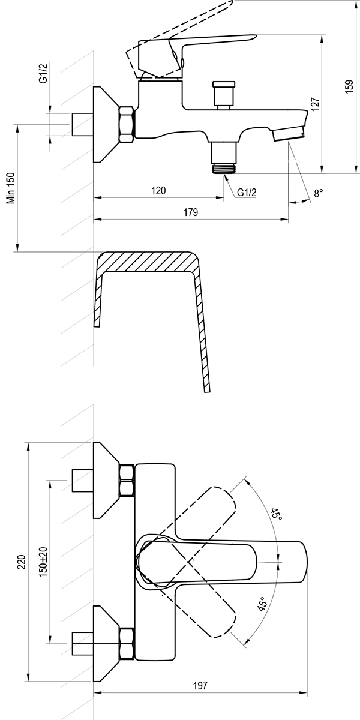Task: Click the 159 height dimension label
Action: pos(349,86)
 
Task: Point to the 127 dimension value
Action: pos(316,104)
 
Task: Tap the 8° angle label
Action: pos(318,193)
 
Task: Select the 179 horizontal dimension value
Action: pos(191,212)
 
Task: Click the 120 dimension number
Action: pos(158,191)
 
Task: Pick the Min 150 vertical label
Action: pos(11,188)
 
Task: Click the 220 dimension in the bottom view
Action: pos(21,562)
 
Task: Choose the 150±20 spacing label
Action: pos(44,562)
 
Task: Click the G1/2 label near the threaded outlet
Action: pos(247,193)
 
